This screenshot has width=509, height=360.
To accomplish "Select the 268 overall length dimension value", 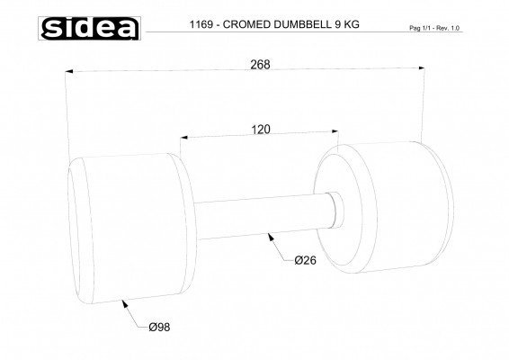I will point(260,64).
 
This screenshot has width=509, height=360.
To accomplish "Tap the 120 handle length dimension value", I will point(260,129).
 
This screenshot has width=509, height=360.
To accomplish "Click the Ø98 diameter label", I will point(159,327).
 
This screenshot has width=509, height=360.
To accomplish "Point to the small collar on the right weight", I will point(333,210).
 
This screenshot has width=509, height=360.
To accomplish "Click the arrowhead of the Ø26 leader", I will point(268,237).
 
